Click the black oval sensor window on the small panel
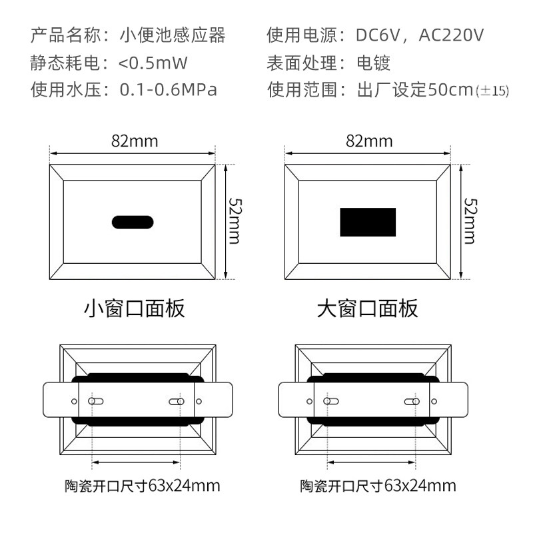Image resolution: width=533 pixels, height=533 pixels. coord(133,223)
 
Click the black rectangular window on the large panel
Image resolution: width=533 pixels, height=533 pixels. coord(368,222)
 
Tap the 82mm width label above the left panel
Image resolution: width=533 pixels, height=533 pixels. coord(135,141)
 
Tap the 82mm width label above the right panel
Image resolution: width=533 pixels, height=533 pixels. coord(369,141)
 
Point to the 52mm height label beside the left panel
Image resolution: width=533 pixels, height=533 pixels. coord(235,221)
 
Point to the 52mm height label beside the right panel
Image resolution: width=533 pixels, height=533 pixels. coord(470,221)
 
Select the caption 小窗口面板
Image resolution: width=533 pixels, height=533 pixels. coord(135,308)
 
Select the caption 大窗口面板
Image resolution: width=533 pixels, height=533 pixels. coord(368,308)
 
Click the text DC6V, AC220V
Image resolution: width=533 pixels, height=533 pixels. coord(420,35)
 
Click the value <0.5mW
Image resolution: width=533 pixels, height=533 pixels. coord(153,63)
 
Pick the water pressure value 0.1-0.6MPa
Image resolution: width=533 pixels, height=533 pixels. coord(169,90)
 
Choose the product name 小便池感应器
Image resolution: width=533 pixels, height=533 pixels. coord(173,35)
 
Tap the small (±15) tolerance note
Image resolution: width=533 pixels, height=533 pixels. coord(492,91)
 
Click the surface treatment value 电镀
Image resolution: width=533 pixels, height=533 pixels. coord(373,63)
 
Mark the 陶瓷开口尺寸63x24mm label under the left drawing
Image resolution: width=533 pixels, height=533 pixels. coord(143,486)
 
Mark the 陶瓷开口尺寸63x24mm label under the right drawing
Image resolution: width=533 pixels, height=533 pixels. coord(378,486)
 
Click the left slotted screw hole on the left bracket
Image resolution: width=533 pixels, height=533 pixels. coord(95,401)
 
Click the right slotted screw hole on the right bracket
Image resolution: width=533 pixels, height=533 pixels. coord(412,402)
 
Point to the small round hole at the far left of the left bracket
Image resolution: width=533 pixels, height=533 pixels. coord(74,402)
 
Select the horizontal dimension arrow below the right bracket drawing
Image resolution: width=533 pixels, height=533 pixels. coord(371,462)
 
